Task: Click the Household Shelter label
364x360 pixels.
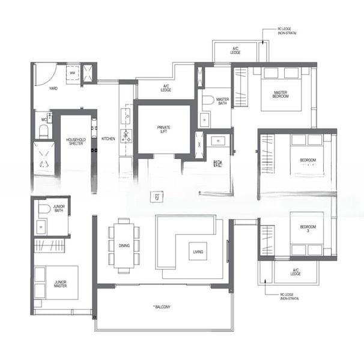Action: click(x=76, y=142)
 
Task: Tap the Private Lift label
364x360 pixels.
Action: click(x=164, y=129)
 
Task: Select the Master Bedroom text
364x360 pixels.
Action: click(x=280, y=94)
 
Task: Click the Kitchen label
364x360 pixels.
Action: click(x=108, y=139)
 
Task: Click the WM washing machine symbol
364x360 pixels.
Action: click(x=73, y=74)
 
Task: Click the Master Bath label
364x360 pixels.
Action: click(x=222, y=101)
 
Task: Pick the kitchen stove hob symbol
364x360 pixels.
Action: click(x=126, y=136)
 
